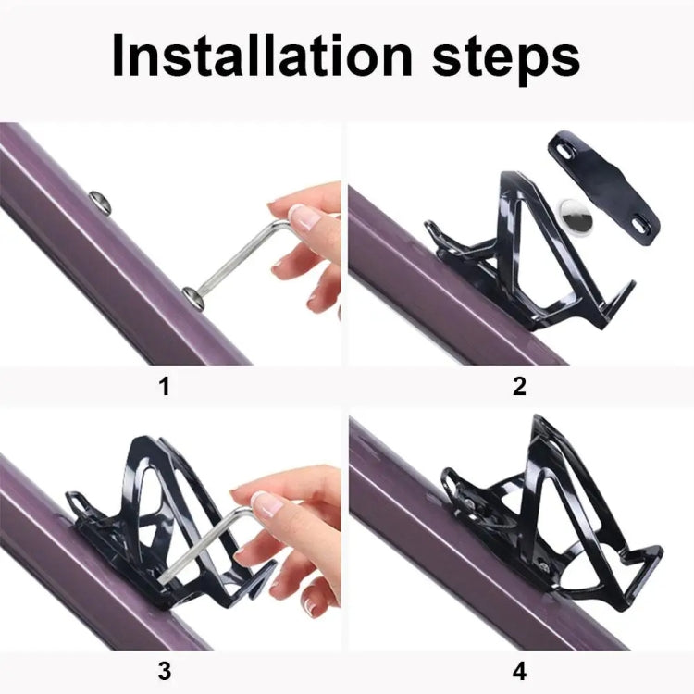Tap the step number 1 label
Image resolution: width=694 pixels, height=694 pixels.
164,387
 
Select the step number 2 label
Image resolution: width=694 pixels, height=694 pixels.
519,387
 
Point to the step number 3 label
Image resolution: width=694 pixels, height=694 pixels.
164,671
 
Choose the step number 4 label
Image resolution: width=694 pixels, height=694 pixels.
519,671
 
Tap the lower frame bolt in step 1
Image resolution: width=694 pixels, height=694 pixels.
194,297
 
